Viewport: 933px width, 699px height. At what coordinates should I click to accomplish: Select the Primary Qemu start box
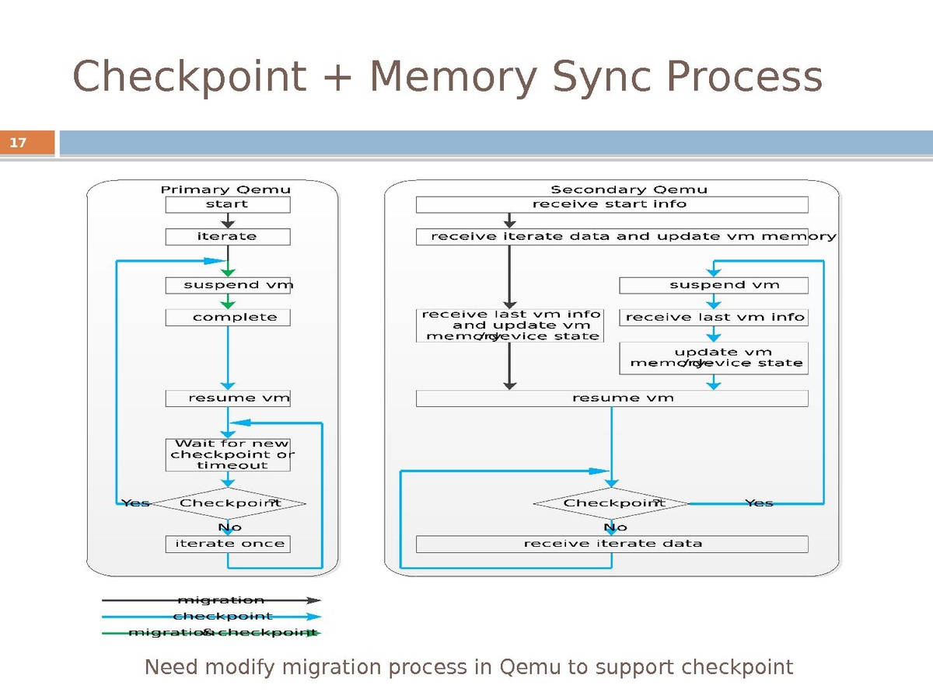[x=227, y=204]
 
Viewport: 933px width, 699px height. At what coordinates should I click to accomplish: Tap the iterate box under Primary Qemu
[x=227, y=236]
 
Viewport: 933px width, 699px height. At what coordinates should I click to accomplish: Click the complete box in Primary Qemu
[x=227, y=317]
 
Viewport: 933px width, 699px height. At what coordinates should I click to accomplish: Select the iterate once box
[x=227, y=544]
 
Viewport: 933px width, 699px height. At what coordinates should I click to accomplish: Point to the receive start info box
[x=611, y=204]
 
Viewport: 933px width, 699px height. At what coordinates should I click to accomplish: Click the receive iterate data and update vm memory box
[x=611, y=236]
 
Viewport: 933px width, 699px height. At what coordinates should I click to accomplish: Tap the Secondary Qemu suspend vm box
[x=713, y=285]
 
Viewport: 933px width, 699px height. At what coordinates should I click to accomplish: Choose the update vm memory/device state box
[x=713, y=358]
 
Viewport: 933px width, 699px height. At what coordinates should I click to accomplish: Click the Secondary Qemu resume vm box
[x=611, y=398]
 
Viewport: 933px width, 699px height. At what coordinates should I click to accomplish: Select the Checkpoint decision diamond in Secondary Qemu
[x=611, y=503]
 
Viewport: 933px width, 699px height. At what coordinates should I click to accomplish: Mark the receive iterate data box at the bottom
[x=611, y=544]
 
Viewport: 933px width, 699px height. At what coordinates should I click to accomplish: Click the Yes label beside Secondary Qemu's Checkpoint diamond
[x=759, y=503]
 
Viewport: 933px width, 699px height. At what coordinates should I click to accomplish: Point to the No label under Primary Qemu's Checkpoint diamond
[x=229, y=527]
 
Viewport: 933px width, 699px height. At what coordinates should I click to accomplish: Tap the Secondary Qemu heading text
[x=629, y=190]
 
